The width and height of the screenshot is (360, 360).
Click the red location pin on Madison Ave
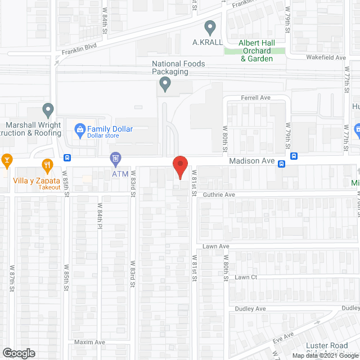pos(179,167)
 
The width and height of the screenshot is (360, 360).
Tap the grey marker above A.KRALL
pos(210,26)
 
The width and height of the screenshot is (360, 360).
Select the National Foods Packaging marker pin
pos(165,84)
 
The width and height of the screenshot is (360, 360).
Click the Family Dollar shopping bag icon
pos(80,129)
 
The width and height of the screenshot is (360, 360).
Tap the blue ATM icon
pos(115,159)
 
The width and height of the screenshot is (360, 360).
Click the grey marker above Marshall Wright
pos(48,109)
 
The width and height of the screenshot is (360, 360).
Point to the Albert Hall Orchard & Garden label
pos(256,51)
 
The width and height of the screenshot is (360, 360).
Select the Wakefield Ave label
pos(326,57)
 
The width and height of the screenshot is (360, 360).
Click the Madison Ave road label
pos(252,161)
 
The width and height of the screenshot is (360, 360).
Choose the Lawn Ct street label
pos(246,277)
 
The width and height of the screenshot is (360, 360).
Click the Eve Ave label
pos(285,336)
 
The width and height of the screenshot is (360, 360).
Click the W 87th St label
pos(11,278)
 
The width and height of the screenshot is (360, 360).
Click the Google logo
pos(18,353)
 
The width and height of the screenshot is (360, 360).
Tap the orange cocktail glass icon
pos(7,160)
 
